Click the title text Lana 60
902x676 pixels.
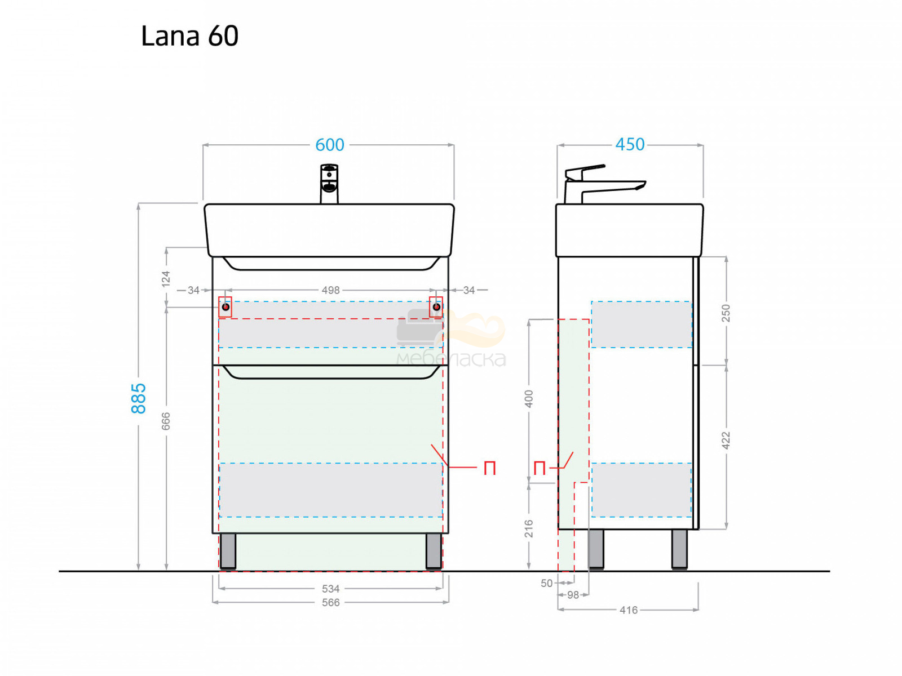click(189, 35)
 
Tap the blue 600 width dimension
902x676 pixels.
click(330, 145)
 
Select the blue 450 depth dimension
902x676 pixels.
click(630, 144)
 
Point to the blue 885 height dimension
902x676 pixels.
click(139, 398)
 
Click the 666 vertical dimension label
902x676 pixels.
click(166, 421)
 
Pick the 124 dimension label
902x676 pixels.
click(166, 279)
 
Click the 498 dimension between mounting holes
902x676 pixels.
click(330, 290)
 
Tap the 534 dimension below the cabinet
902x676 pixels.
click(330, 589)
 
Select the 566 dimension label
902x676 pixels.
click(330, 602)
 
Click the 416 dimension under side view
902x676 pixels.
click(629, 610)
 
